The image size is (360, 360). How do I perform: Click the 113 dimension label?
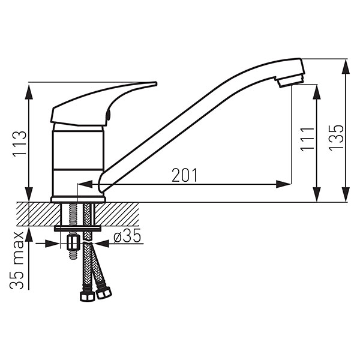(20, 144)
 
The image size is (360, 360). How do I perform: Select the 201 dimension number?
(184, 175)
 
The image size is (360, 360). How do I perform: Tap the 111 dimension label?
(307, 139)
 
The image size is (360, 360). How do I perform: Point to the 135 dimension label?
(336, 138)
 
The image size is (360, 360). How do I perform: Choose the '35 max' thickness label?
(17, 260)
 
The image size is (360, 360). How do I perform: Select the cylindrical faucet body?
(78, 161)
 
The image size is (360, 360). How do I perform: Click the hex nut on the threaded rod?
(73, 242)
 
